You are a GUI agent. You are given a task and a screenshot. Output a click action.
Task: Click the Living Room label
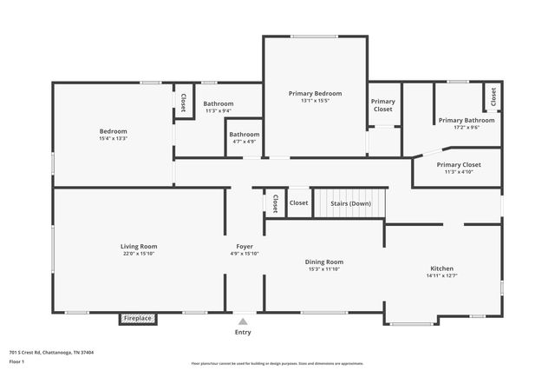click(x=139, y=247)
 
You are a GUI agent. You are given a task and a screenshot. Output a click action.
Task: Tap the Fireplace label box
click(x=137, y=319)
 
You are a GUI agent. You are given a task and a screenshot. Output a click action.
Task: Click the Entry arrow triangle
click(x=243, y=321)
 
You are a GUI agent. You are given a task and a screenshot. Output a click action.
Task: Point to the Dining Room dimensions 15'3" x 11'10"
click(x=323, y=269)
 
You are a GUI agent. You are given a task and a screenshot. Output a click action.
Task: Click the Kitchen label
click(x=442, y=268)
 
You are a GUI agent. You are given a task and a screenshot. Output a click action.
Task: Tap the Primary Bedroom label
click(x=315, y=94)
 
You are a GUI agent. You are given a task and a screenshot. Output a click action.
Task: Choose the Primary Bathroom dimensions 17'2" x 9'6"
click(x=467, y=128)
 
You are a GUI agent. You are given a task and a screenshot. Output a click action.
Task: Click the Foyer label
click(x=245, y=247)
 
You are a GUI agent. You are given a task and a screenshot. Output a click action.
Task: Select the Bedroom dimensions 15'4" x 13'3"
click(x=113, y=138)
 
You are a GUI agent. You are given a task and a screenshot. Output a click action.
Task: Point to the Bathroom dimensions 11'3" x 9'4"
click(x=219, y=111)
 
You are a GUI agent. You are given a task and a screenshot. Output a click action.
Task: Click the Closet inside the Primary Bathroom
click(x=493, y=97)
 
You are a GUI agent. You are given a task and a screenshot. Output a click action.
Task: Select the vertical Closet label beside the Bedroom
click(x=184, y=103)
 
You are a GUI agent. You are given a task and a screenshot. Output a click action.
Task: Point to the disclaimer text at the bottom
click(x=277, y=363)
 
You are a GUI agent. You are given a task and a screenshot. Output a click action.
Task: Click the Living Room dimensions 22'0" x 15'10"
click(x=139, y=255)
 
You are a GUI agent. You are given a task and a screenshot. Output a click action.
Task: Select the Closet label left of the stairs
click(x=298, y=203)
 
